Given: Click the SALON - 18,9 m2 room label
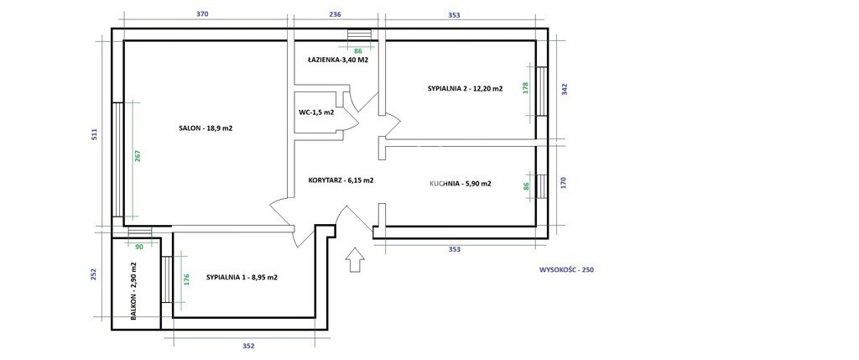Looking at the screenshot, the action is pos(206,128).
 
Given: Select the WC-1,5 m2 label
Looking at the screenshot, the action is pos(316,112).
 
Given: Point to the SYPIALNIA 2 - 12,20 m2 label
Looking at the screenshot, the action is pos(465,88).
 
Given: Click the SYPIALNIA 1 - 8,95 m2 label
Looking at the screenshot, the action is pos(242,277).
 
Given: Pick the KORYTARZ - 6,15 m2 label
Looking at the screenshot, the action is pos(341,180).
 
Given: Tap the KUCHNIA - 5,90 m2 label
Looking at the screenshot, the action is pos(461,184).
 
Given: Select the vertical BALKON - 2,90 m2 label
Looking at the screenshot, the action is pos(133,290).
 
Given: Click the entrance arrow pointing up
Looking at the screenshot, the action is pos(356,259).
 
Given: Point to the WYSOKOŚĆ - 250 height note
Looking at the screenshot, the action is pos(567,269).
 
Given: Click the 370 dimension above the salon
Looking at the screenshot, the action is pos(202,15).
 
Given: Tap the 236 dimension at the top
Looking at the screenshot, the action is pos(334,15).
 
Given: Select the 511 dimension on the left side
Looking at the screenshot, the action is pos(94,134).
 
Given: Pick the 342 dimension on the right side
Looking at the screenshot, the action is pos(565,89).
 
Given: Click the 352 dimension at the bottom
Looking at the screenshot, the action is pos(248,347).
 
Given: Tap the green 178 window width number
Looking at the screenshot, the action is pos(526,89).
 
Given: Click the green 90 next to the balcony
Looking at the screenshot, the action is pos(138,247).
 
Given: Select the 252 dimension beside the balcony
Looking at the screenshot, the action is pos(94,274).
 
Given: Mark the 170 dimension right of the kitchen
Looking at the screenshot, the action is pos(565,183).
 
